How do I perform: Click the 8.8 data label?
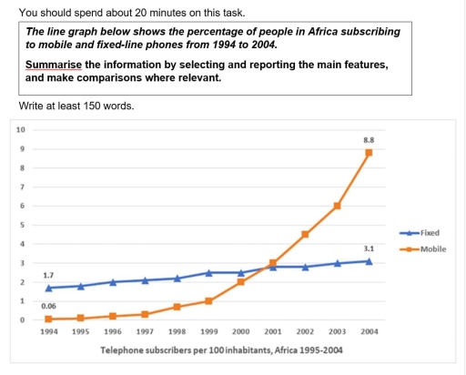[368, 139]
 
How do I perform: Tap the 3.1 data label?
[368, 248]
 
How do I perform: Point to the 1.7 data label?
[49, 274]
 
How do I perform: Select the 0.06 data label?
[49, 307]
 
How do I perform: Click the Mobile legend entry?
[432, 248]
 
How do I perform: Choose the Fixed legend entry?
[430, 233]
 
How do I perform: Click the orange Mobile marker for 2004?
[369, 152]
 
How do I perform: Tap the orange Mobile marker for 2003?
[337, 206]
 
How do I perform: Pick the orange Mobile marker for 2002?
[305, 234]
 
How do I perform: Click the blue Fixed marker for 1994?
[49, 288]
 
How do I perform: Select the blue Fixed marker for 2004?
[369, 260]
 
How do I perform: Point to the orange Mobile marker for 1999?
[208, 300]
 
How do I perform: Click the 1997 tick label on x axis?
[145, 332]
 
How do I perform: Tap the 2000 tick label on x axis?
[240, 332]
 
